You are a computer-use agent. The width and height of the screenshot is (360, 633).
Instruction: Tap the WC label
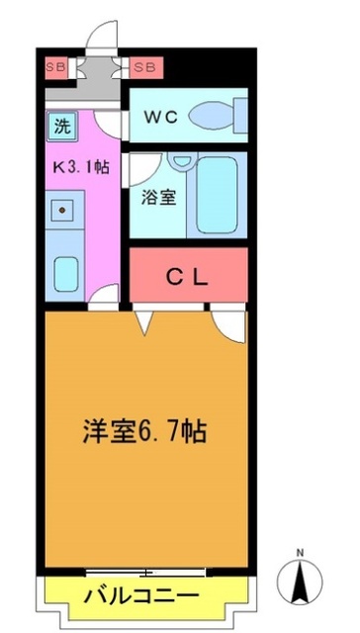(x=162, y=116)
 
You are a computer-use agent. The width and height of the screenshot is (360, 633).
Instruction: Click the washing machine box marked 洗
(x=61, y=126)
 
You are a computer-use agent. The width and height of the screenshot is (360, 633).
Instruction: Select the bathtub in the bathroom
(x=221, y=194)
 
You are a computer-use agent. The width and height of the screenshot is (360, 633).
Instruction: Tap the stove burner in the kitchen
(x=63, y=210)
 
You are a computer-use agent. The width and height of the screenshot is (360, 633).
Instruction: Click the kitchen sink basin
(x=66, y=270)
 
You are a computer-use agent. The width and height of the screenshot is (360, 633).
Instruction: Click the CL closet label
(x=188, y=277)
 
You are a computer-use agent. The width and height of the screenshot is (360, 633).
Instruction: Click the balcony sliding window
(x=146, y=572)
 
